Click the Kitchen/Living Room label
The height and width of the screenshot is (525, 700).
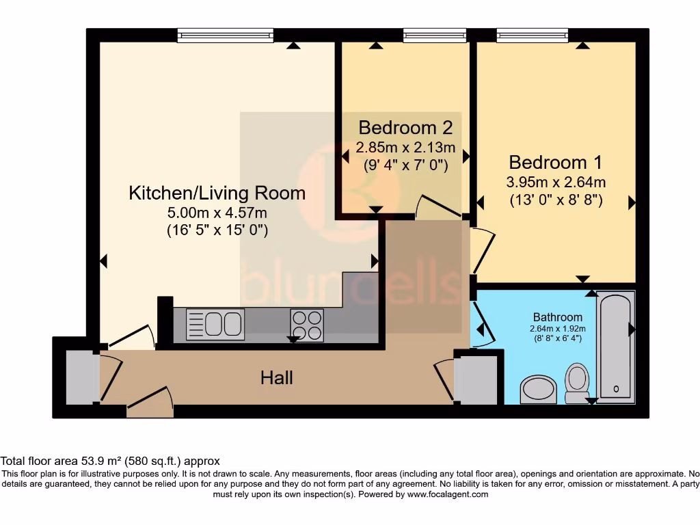pos(217,193)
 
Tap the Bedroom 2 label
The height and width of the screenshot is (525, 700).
pos(405,128)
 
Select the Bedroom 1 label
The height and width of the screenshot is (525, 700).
pos(555,163)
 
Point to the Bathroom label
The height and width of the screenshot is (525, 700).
pos(558,317)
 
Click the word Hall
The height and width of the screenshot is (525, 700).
pos(277,377)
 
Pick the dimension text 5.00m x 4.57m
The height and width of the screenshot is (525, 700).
pos(217,213)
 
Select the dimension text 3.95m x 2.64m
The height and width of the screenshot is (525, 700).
pos(555,183)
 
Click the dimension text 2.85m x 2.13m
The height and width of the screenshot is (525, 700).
pos(405,147)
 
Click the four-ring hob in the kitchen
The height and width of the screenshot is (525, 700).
pos(307,325)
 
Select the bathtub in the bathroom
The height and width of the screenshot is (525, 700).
pos(616,346)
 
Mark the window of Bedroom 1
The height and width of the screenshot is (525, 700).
pos(526,36)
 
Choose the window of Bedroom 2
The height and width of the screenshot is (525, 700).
pos(435,36)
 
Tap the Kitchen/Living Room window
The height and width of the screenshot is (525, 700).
pos(225,36)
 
